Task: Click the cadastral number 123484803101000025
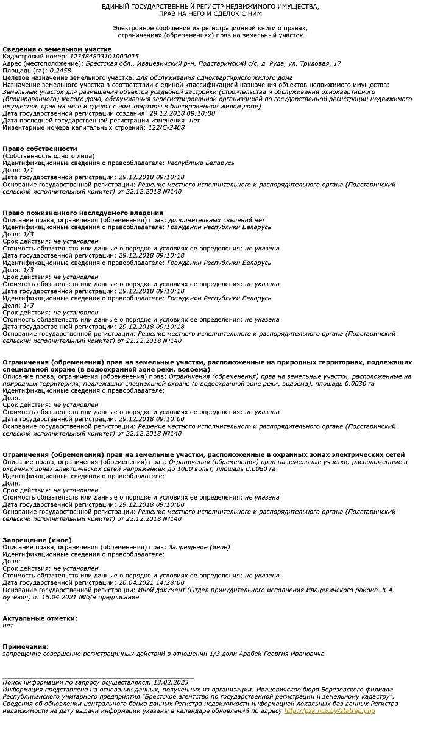coord(104,56)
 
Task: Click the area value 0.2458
coord(60,70)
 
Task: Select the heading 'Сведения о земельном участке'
coord(57,49)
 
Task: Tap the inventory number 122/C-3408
coord(166,127)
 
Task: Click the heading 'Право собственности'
coord(40,149)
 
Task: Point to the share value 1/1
coord(28,170)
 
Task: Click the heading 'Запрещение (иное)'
coord(37,540)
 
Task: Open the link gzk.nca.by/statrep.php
coord(329,711)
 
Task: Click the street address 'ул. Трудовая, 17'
coord(314,63)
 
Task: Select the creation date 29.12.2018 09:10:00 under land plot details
coord(182,113)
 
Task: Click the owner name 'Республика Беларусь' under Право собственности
coord(200,163)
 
